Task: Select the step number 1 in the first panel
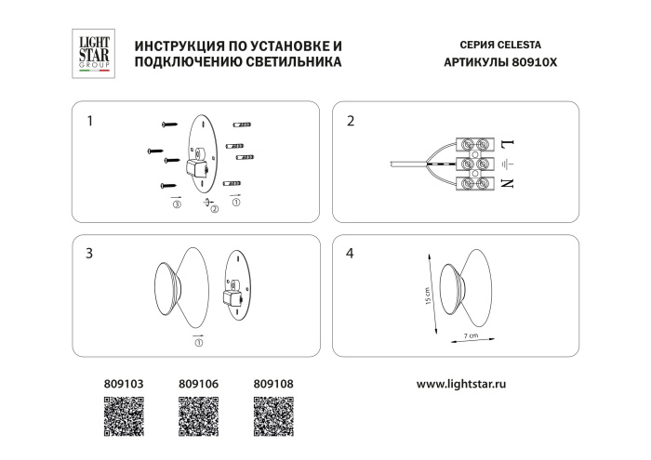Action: pos(89,121)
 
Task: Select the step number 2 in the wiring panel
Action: pos(351,121)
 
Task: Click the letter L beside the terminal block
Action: pos(508,144)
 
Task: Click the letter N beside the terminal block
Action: pos(508,183)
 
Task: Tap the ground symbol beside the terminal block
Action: pos(508,164)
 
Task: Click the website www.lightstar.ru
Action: pos(462,382)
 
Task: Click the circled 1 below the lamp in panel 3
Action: pos(198,342)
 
